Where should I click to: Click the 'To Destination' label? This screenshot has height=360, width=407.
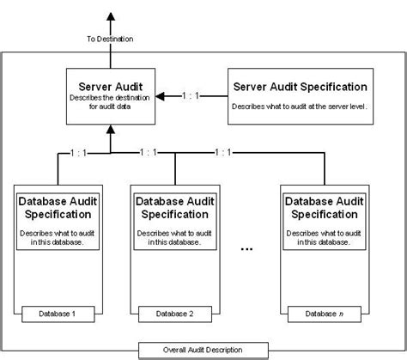(110, 40)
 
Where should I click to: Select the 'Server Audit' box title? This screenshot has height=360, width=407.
(110, 86)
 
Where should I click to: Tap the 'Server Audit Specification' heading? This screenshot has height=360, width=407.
(301, 87)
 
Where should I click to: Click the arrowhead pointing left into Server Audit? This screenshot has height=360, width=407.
(167, 96)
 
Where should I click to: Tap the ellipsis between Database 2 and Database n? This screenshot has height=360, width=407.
(246, 250)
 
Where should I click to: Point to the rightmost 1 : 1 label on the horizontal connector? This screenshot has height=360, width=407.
(221, 153)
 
